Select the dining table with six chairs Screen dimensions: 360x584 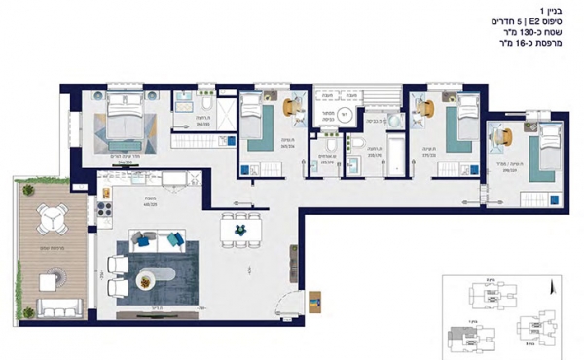click(235, 229)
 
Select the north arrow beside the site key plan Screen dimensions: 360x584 click(551, 289)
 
